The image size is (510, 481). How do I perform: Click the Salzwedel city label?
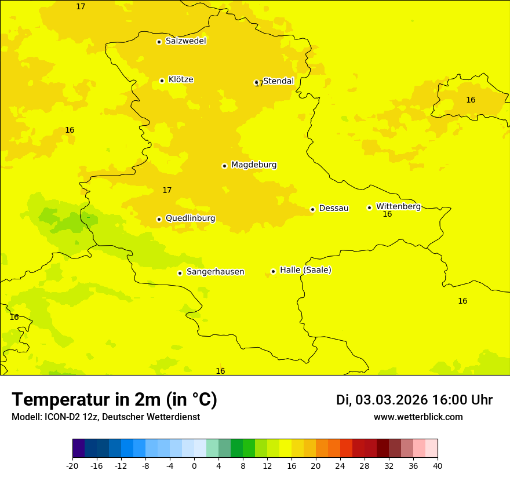(x=185, y=41)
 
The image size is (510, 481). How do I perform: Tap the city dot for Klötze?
(x=162, y=81)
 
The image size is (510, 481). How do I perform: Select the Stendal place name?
(x=279, y=81)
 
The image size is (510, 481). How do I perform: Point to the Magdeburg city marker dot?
(x=224, y=166)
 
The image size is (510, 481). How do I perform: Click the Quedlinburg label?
(x=190, y=218)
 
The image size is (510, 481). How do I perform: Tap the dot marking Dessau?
(x=312, y=209)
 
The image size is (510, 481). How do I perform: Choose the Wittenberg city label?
(x=398, y=206)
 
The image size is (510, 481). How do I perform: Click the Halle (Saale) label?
(x=305, y=270)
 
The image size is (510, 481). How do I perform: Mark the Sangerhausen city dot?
(x=180, y=273)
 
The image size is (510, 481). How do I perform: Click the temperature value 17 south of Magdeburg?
(x=167, y=190)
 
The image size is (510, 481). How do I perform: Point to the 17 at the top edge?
(x=81, y=6)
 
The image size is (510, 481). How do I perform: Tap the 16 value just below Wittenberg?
(x=387, y=214)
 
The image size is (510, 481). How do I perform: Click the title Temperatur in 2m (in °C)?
(x=114, y=400)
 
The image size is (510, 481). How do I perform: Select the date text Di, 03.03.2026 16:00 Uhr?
(x=414, y=400)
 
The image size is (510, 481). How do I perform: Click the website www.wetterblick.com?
(x=418, y=417)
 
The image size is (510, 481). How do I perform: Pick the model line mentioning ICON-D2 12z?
(x=105, y=417)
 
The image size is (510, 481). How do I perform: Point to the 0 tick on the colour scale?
(x=194, y=466)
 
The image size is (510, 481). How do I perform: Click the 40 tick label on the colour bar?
(x=437, y=466)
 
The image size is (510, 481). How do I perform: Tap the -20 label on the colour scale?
(x=72, y=466)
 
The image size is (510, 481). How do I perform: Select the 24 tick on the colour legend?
(x=340, y=466)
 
